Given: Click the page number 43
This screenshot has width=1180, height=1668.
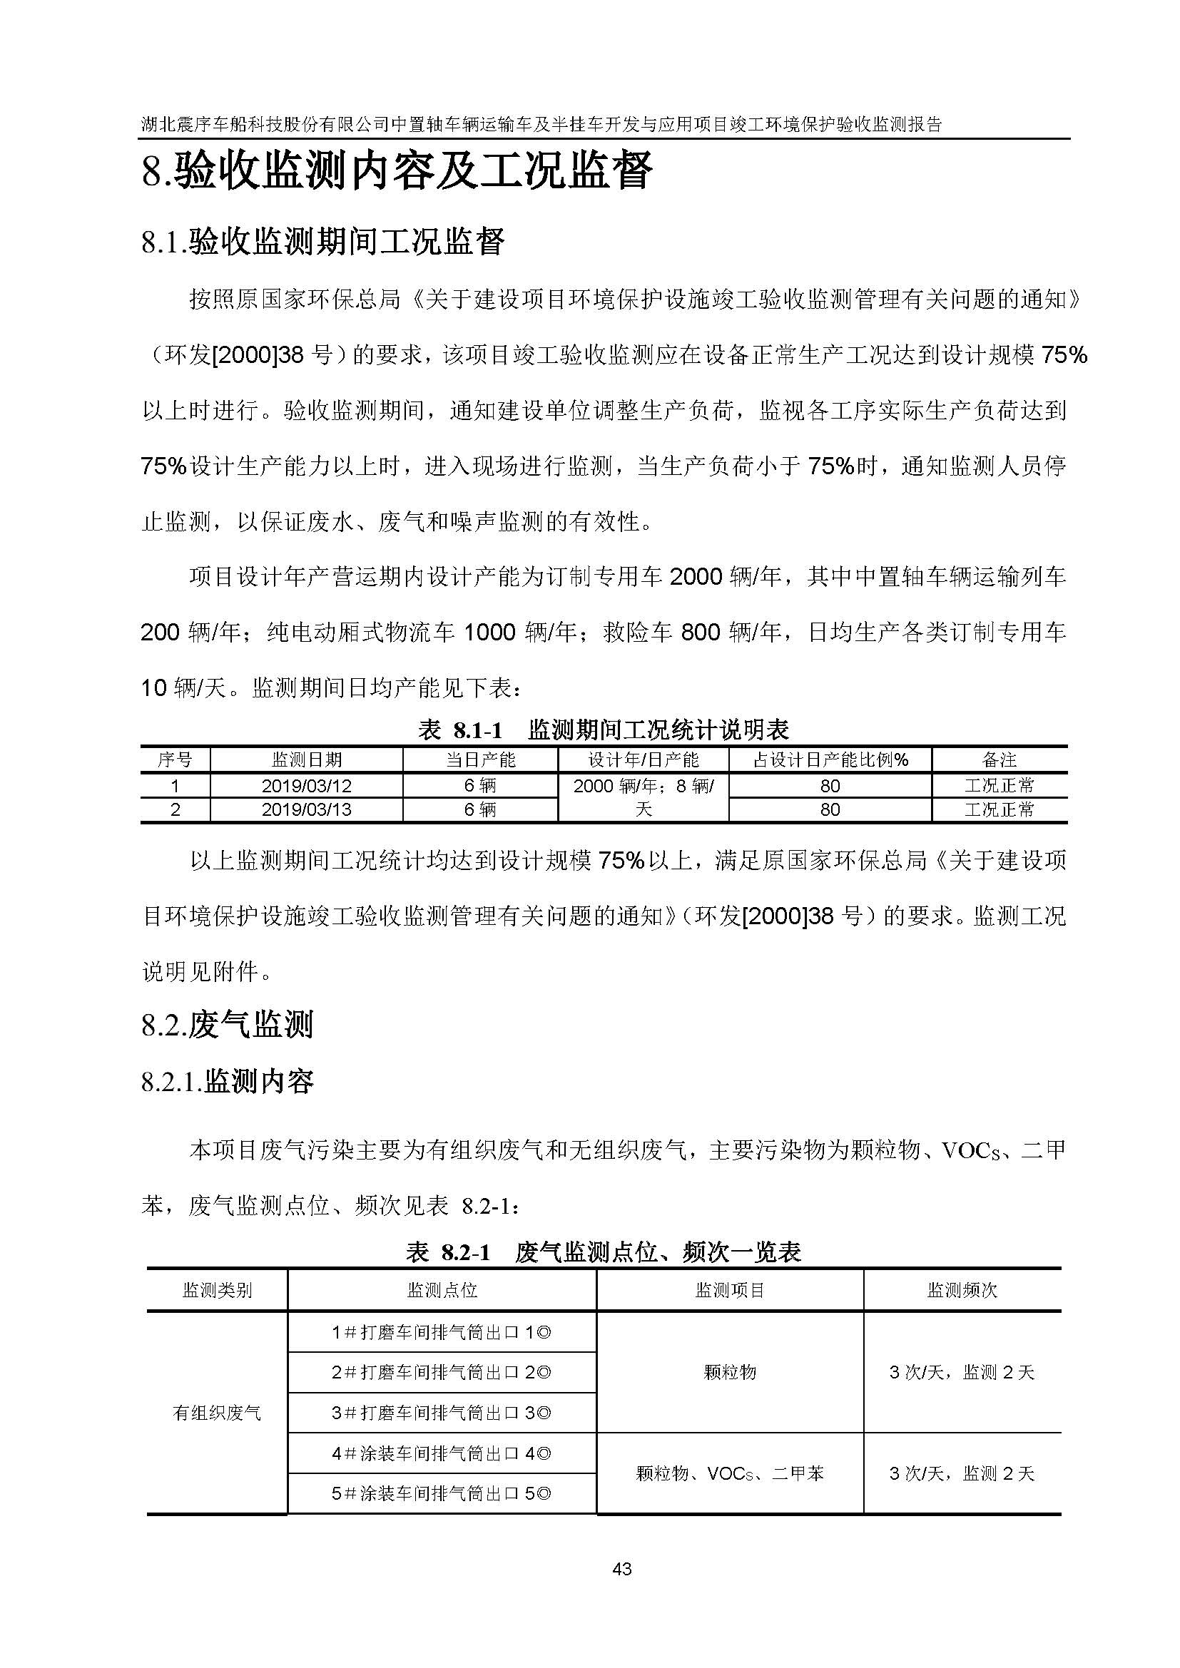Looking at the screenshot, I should (x=622, y=1570).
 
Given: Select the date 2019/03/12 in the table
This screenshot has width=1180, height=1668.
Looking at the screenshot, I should (x=306, y=786).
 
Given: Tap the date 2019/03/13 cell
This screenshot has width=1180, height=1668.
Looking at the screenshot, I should (x=306, y=809).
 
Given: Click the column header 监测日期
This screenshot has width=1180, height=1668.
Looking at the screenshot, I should (x=306, y=760).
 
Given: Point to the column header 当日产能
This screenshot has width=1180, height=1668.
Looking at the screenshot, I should (x=480, y=760).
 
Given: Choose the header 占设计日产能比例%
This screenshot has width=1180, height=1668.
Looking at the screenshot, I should (x=830, y=760).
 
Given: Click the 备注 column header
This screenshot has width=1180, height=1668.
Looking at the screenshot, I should (x=999, y=760).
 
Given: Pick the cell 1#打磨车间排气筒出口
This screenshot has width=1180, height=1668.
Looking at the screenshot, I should (x=441, y=1332).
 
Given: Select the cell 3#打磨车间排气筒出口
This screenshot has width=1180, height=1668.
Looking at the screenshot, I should (x=441, y=1413).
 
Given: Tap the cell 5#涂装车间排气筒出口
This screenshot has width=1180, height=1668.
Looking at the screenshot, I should (x=441, y=1494).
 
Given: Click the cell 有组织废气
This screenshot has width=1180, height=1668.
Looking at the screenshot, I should (x=217, y=1413).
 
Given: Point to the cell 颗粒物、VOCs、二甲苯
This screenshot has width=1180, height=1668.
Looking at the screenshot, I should (x=730, y=1473).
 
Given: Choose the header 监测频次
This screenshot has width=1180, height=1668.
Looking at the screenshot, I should (x=962, y=1290).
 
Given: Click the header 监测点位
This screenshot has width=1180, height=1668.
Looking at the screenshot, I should (x=442, y=1290).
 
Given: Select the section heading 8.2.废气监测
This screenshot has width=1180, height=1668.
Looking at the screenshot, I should (x=228, y=1025).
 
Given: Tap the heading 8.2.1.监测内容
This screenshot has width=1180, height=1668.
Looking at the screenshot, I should (x=228, y=1082).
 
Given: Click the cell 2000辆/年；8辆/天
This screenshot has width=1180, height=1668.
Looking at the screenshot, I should (x=643, y=797).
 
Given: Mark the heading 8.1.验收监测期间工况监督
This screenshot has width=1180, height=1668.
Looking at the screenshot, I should (x=322, y=241).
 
